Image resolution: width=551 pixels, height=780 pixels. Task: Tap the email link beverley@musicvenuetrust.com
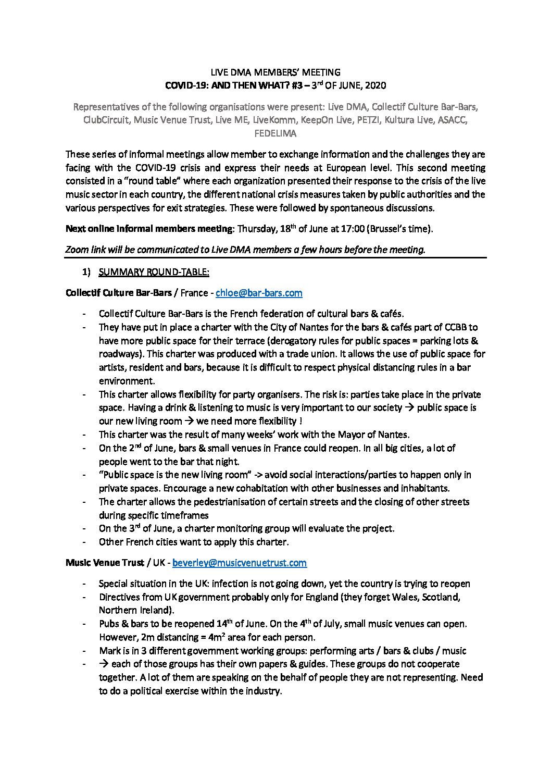239,563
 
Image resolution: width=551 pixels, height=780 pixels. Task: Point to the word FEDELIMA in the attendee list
275,133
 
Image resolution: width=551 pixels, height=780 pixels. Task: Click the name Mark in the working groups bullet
109,651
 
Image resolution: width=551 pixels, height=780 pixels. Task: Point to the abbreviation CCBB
457,327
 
